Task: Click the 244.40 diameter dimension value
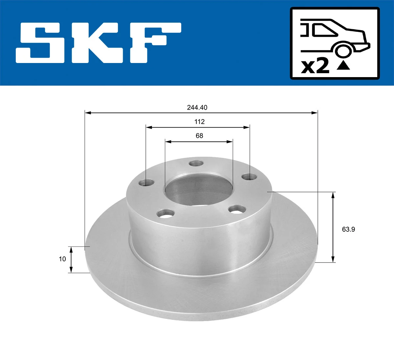(x=197, y=107)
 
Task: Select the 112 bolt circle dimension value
(x=199, y=122)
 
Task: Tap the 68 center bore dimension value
(x=199, y=136)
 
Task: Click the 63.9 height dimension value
(x=348, y=229)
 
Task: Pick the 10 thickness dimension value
(x=62, y=259)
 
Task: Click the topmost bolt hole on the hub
(x=197, y=163)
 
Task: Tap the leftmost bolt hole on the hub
(x=147, y=182)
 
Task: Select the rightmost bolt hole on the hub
(x=250, y=177)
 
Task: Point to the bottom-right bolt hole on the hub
(x=237, y=209)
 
